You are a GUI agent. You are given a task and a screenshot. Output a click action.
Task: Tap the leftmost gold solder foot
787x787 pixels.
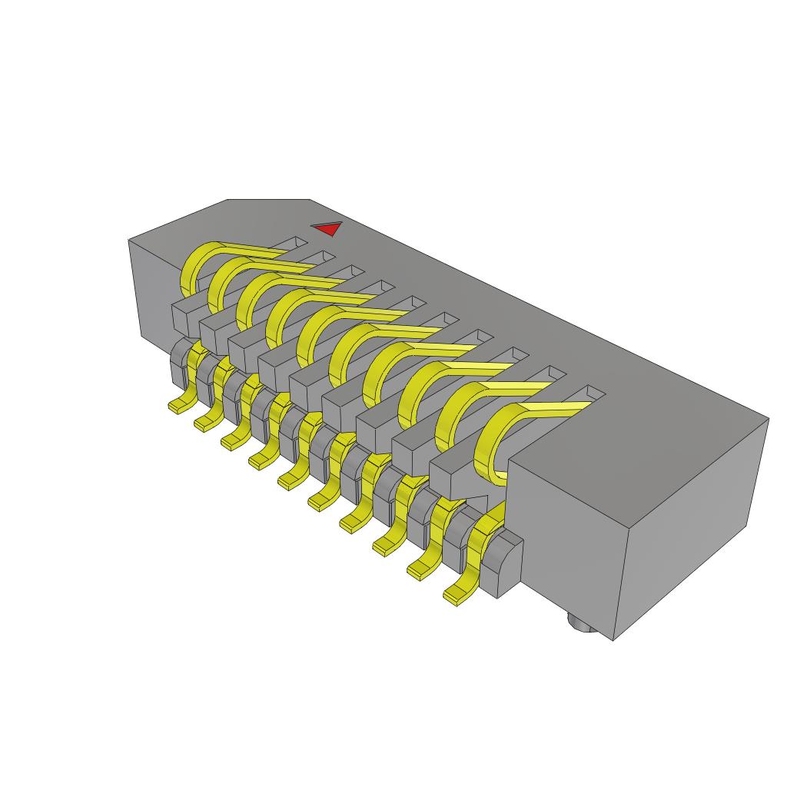pyautogui.click(x=180, y=406)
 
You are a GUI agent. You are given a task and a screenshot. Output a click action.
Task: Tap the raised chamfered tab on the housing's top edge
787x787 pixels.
pyautogui.click(x=269, y=206)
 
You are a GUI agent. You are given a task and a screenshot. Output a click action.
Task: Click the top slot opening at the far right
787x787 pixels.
pyautogui.click(x=587, y=395)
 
